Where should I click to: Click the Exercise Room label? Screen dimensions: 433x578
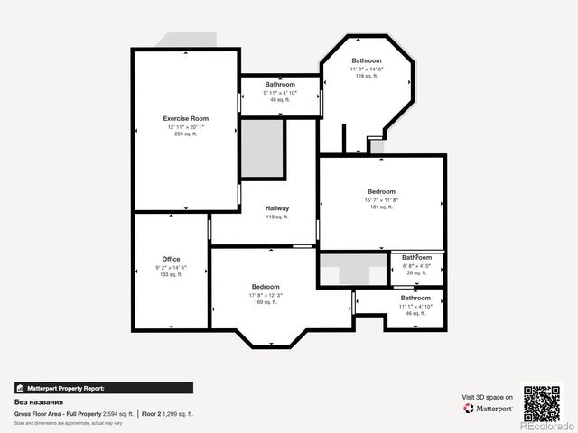(185, 119)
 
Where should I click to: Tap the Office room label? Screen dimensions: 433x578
(171, 259)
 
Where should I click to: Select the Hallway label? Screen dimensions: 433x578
(277, 208)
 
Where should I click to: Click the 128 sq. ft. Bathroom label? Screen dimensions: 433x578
(367, 60)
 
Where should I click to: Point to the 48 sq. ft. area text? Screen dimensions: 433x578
(280, 100)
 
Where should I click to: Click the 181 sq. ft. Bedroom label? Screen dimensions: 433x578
(381, 191)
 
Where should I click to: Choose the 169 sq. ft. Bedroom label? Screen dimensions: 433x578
(266, 287)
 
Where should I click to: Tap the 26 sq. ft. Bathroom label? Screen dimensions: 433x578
(417, 257)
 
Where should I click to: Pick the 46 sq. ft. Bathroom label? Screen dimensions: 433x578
(415, 298)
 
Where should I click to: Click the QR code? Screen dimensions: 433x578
(543, 402)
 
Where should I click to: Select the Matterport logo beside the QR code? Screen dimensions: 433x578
(489, 409)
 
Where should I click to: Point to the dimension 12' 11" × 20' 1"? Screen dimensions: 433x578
(185, 127)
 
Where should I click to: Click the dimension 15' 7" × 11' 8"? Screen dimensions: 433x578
(381, 199)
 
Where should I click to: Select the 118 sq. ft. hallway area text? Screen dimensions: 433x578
(277, 217)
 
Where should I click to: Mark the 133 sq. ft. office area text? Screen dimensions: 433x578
(171, 274)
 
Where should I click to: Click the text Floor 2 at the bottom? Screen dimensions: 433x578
(152, 413)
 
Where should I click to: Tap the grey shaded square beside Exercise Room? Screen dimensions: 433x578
(263, 149)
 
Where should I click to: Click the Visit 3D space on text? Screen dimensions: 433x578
(488, 397)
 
